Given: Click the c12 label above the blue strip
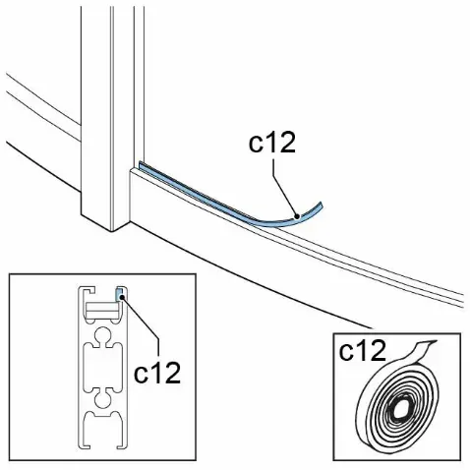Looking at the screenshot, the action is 272,143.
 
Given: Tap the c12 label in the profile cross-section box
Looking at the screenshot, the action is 157,373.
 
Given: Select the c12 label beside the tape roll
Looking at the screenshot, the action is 363,350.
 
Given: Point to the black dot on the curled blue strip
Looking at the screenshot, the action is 297,216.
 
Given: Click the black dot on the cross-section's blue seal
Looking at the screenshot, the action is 122,298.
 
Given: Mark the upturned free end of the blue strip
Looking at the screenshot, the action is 321,205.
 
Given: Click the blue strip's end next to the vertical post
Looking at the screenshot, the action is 141,164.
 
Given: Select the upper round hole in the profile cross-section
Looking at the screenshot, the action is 103,335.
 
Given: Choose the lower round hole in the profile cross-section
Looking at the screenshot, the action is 103,399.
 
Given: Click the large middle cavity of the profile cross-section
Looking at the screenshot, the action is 103,367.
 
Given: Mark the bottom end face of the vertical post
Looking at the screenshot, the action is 105,223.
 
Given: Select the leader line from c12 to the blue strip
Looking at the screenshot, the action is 284,188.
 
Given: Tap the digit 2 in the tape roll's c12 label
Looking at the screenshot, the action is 378,350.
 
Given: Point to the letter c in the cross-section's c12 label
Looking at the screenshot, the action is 142,376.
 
